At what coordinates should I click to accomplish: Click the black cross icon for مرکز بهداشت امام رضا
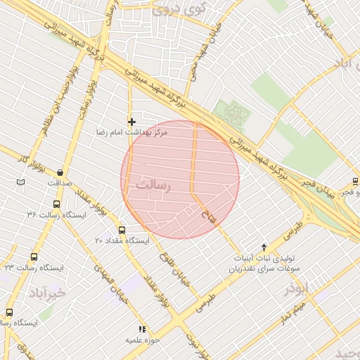pyautogui.click(x=131, y=122)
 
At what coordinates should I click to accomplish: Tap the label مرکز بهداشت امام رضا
pyautogui.click(x=131, y=132)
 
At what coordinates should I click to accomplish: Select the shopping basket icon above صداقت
pyautogui.click(x=60, y=172)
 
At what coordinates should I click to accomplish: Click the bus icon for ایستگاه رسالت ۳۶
pyautogui.click(x=56, y=205)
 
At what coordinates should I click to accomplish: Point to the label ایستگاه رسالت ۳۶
pyautogui.click(x=56, y=214)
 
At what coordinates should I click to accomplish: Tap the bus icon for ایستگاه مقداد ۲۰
pyautogui.click(x=122, y=230)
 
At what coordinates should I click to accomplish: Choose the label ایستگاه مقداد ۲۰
pyautogui.click(x=122, y=240)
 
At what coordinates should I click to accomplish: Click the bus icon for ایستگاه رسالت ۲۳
pyautogui.click(x=34, y=257)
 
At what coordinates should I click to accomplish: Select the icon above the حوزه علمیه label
pyautogui.click(x=141, y=329)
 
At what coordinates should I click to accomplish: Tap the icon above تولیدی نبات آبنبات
pyautogui.click(x=264, y=247)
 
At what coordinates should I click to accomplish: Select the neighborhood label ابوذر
pyautogui.click(x=297, y=288)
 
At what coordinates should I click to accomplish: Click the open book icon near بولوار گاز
pyautogui.click(x=20, y=183)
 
